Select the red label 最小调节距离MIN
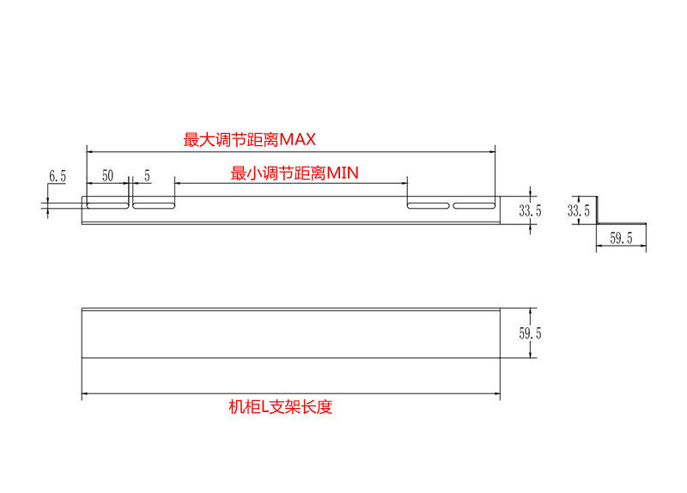click(294, 173)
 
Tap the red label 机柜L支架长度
click(280, 407)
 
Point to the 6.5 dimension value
click(58, 176)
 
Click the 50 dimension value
click(107, 176)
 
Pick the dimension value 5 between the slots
click(147, 176)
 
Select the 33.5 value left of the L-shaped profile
click(579, 209)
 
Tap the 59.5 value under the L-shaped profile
click(621, 240)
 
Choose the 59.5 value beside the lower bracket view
click(531, 333)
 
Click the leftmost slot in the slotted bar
click(107, 205)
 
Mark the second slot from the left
click(153, 205)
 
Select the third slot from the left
click(429, 205)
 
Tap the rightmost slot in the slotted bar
click(475, 205)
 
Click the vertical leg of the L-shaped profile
click(599, 209)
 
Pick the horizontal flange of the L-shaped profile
click(621, 224)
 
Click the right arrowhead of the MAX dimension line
click(492, 151)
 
